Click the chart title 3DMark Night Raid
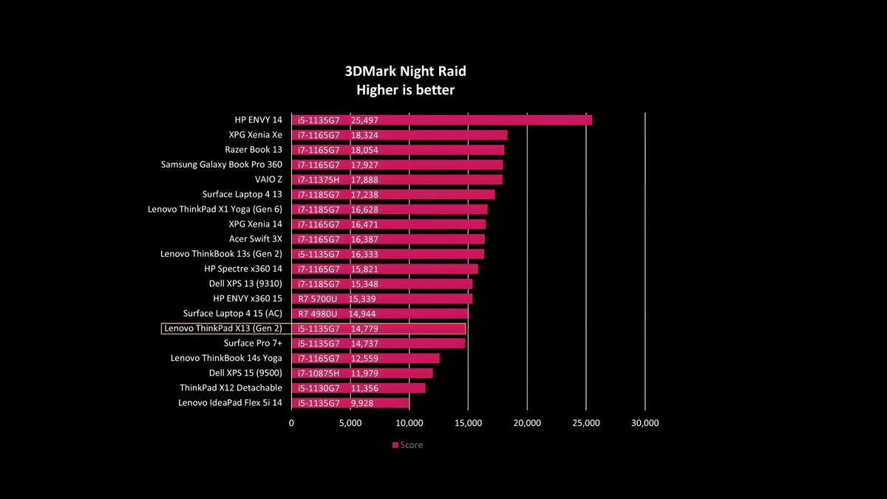pyautogui.click(x=406, y=71)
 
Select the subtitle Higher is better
pyautogui.click(x=406, y=90)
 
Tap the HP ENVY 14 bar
pyautogui.click(x=441, y=120)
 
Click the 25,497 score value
pyautogui.click(x=364, y=120)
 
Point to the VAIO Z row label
pyautogui.click(x=268, y=179)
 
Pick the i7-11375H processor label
pyautogui.click(x=319, y=180)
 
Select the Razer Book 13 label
pyautogui.click(x=254, y=150)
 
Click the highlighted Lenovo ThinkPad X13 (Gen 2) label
pyautogui.click(x=223, y=328)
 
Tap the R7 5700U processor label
pyautogui.click(x=318, y=299)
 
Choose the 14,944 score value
pyautogui.click(x=362, y=314)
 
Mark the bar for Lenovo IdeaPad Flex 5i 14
pyautogui.click(x=350, y=403)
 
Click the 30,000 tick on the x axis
pyautogui.click(x=645, y=423)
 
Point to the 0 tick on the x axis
pyautogui.click(x=291, y=423)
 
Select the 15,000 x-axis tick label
pyautogui.click(x=468, y=423)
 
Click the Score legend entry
pyautogui.click(x=407, y=445)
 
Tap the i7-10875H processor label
pyautogui.click(x=319, y=374)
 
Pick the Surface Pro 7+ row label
pyautogui.click(x=253, y=343)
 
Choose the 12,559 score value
pyautogui.click(x=364, y=358)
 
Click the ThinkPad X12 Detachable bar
pyautogui.click(x=358, y=388)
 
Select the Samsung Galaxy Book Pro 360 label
pyautogui.click(x=221, y=165)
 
